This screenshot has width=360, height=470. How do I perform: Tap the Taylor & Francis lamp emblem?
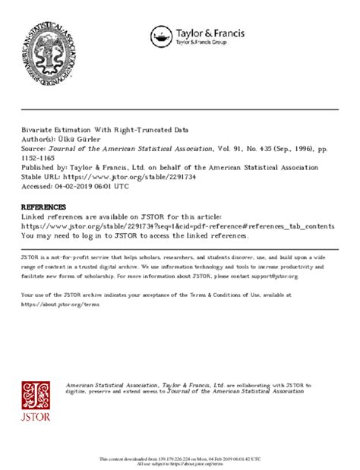[x=161, y=36]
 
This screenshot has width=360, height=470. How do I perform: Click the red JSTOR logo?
[x=37, y=403]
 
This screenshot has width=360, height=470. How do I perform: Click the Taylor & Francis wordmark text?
[x=205, y=33]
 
